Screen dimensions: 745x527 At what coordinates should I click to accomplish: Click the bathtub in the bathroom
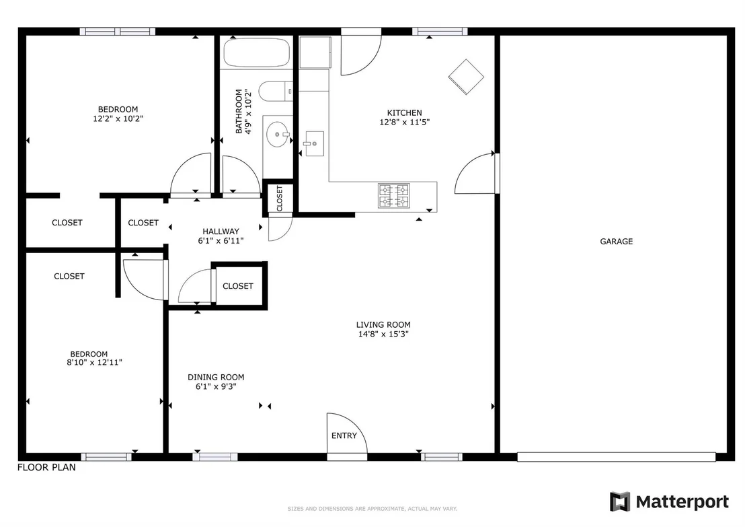tap(256, 52)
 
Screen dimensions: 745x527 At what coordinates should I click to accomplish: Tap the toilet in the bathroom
tap(276, 92)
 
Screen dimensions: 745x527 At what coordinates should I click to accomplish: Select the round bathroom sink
tap(278, 135)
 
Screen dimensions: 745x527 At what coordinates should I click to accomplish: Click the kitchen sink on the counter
tap(313, 143)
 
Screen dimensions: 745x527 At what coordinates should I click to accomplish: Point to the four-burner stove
tap(394, 196)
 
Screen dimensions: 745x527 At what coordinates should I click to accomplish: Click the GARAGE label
tap(617, 242)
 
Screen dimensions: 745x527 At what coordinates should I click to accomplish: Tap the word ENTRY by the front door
tap(344, 435)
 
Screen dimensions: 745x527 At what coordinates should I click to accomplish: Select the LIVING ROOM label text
tap(383, 325)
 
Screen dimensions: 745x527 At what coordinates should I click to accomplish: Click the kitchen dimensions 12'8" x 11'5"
tap(404, 122)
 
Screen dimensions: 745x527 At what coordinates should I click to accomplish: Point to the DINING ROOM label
tap(216, 377)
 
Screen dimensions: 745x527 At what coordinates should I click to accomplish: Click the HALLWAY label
tap(221, 232)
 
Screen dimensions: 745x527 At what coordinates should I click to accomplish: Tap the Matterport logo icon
tap(620, 502)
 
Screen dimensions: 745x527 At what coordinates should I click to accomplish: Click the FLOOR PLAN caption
tap(46, 468)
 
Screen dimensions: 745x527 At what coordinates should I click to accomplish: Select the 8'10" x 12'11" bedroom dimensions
tap(95, 362)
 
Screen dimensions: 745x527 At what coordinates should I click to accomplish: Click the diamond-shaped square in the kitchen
tap(466, 77)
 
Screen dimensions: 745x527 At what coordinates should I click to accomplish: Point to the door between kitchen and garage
tap(475, 174)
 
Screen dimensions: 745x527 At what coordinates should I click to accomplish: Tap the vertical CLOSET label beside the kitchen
tap(280, 199)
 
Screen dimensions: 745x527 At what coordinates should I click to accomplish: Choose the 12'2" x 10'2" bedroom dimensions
tap(118, 119)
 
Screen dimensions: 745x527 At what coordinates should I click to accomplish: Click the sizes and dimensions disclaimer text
tap(372, 509)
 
